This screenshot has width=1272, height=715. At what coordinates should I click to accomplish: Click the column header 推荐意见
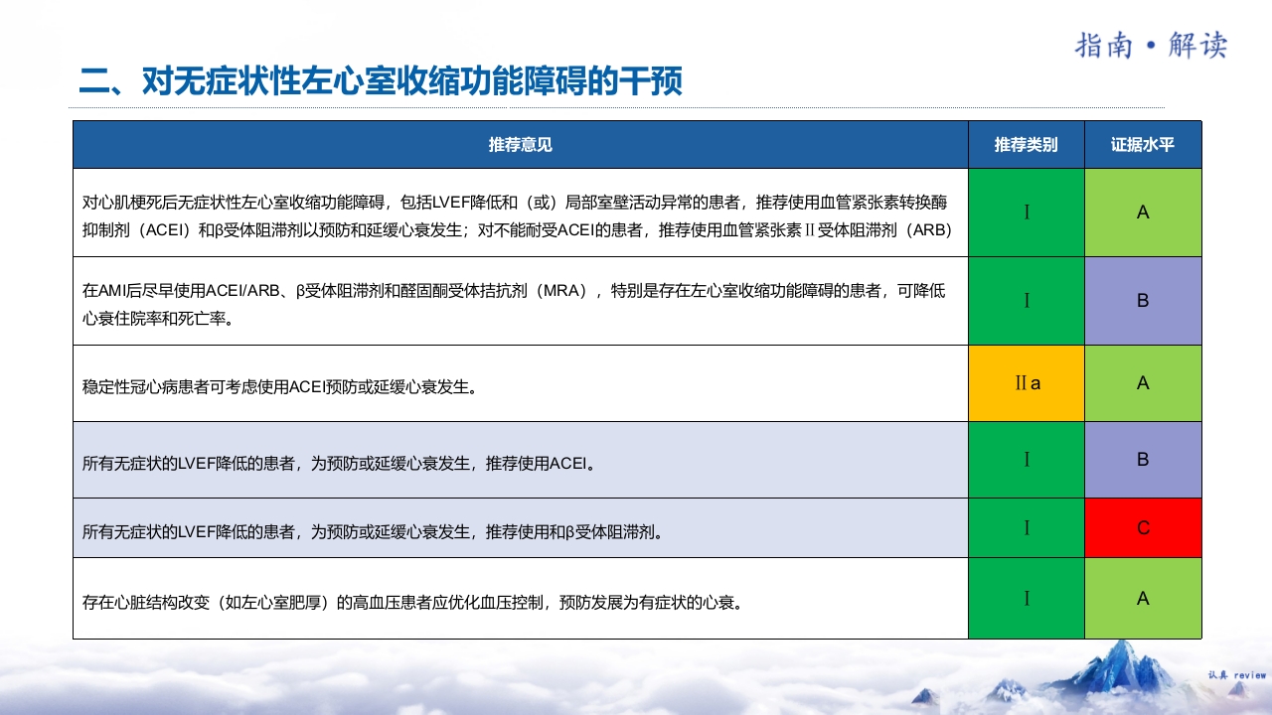(520, 145)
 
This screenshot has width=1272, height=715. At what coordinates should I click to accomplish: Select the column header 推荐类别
(1026, 145)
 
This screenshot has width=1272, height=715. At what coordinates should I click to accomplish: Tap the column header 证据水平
(1143, 145)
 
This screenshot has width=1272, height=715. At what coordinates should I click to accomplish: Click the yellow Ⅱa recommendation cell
(1027, 383)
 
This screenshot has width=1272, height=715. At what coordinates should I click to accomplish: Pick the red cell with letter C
(1143, 528)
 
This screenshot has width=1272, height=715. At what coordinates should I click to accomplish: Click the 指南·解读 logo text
(1152, 45)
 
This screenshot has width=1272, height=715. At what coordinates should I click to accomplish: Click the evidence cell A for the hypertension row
(1143, 598)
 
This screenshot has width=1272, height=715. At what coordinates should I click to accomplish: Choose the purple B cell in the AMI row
(1143, 301)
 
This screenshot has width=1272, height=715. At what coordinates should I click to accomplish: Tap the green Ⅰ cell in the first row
(1027, 213)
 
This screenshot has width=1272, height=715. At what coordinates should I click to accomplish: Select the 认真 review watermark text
(1236, 675)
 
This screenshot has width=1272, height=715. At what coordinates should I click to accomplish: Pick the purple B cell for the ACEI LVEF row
(1143, 460)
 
